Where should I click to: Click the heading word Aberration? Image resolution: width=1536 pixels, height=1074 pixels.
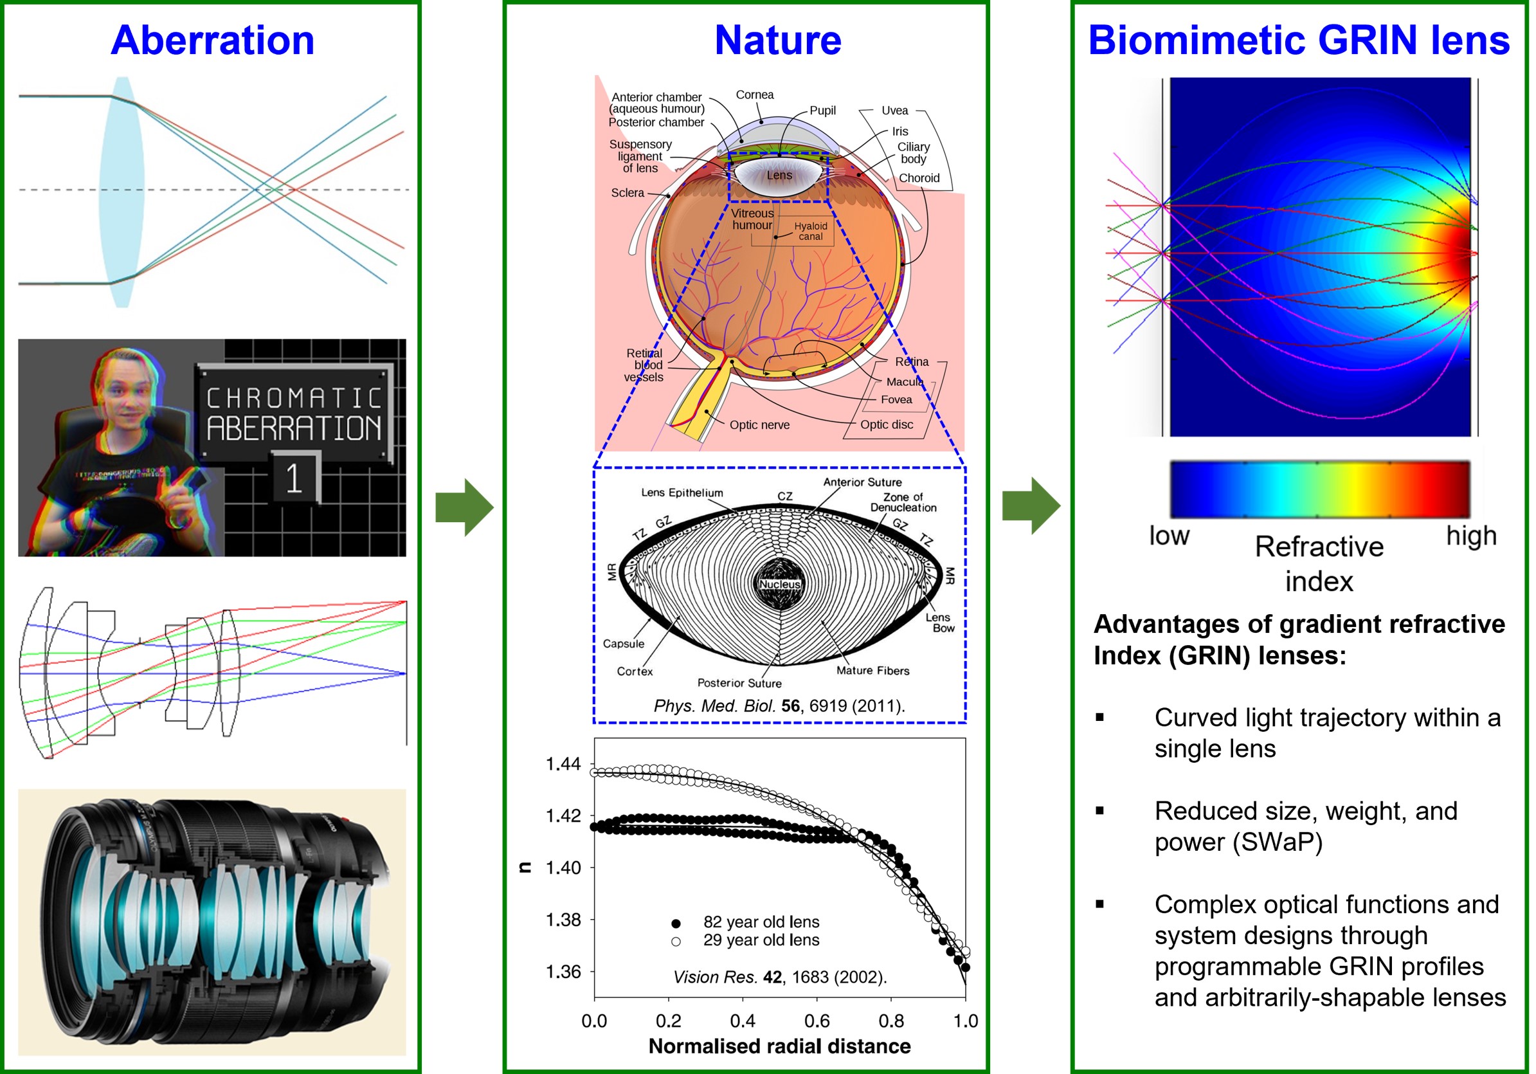point(212,40)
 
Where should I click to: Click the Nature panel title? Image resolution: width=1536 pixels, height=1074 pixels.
point(777,40)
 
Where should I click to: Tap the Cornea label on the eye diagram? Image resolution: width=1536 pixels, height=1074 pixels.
point(755,95)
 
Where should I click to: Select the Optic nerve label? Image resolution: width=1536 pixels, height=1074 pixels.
point(759,425)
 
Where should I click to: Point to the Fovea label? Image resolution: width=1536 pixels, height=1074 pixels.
point(896,399)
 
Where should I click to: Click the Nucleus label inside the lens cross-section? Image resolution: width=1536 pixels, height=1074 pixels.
point(779,584)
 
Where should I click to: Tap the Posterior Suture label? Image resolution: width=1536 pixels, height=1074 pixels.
point(739,683)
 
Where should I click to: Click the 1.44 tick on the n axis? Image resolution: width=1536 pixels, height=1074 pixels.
point(563,764)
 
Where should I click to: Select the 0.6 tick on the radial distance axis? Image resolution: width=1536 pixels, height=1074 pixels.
point(817,1021)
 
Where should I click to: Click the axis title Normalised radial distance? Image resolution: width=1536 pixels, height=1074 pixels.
point(779,1046)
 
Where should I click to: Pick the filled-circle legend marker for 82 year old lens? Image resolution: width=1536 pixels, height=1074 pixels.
point(676,924)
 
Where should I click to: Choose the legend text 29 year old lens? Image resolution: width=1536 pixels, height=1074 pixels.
point(761,940)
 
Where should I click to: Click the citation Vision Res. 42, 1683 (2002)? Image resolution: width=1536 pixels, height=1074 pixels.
point(779,978)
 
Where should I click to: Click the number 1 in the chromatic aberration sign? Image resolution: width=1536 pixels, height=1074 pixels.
point(294,478)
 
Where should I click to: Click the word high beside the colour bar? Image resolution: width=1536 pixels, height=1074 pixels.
point(1470,536)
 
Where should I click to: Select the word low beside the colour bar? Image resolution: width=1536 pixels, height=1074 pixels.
point(1169,536)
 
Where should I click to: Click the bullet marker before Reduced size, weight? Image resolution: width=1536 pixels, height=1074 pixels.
point(1099,811)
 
